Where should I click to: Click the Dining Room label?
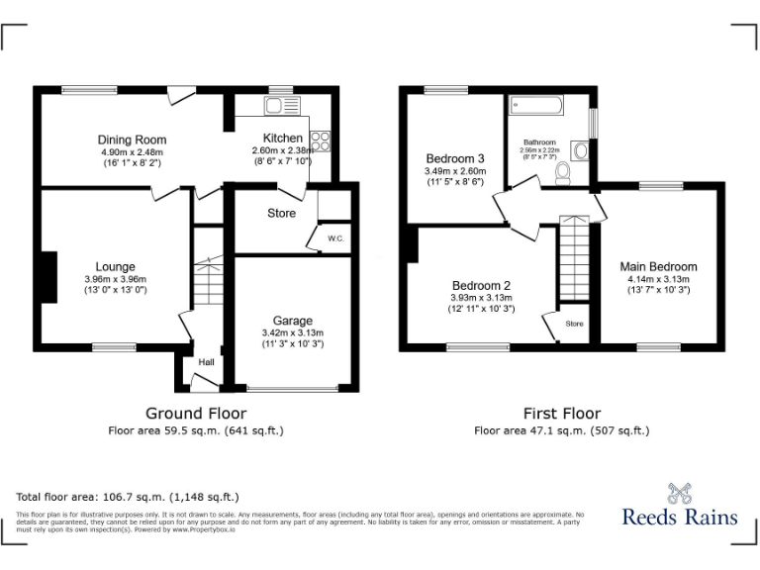click(x=132, y=140)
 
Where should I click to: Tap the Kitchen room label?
click(x=282, y=138)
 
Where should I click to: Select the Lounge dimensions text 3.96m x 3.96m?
click(x=115, y=279)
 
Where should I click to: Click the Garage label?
click(x=293, y=321)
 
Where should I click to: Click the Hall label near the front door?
click(x=206, y=362)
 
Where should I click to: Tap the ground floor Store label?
click(x=281, y=213)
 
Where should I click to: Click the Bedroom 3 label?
click(x=455, y=158)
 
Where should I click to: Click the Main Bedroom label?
click(x=658, y=266)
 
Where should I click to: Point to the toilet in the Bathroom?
click(x=563, y=174)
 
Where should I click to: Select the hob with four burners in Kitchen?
click(x=321, y=142)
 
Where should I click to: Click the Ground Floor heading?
click(x=196, y=413)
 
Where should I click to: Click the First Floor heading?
click(x=561, y=413)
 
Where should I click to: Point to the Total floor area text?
click(x=128, y=497)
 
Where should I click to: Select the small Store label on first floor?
click(x=574, y=324)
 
